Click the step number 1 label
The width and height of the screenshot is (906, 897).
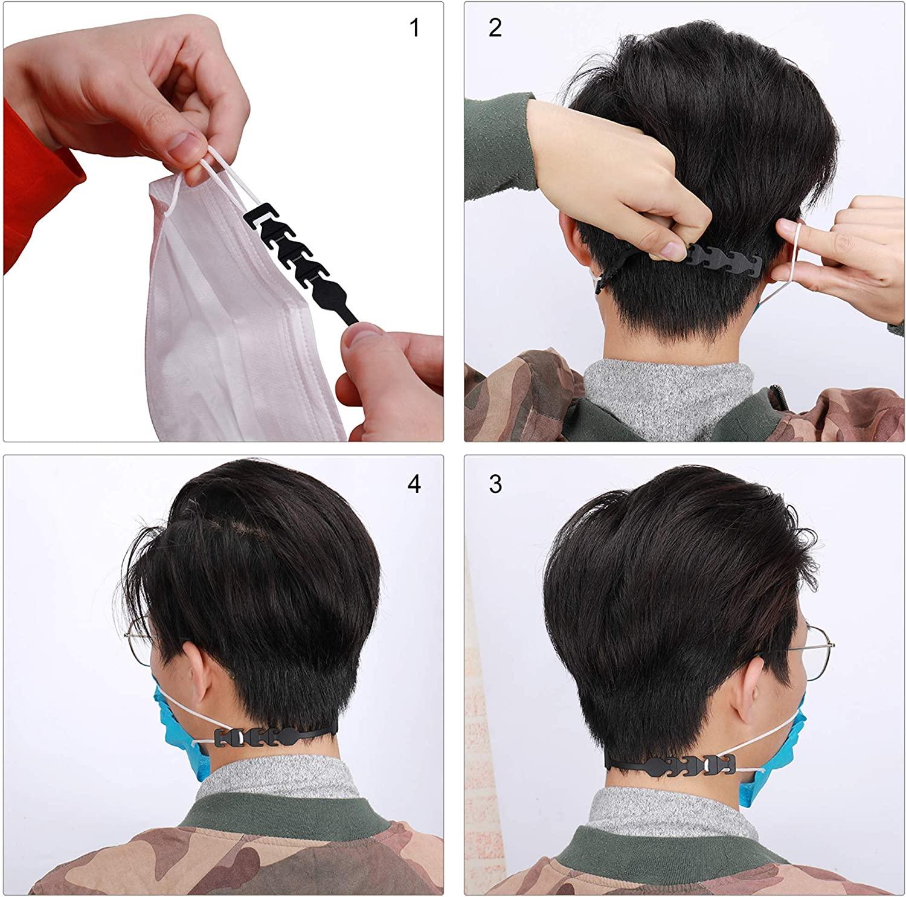pos(414,28)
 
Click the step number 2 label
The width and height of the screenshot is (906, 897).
pos(495,28)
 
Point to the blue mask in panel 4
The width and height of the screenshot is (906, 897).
pos(175,737)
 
